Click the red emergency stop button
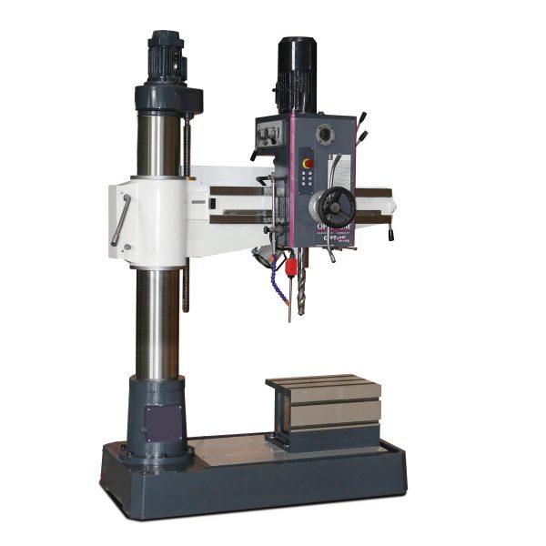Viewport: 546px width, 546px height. pyautogui.click(x=307, y=163)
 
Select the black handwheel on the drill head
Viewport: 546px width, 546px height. pyautogui.click(x=338, y=208)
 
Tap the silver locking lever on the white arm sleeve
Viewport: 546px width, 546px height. pyautogui.click(x=120, y=218)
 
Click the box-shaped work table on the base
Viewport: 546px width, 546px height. pyautogui.click(x=323, y=406)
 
